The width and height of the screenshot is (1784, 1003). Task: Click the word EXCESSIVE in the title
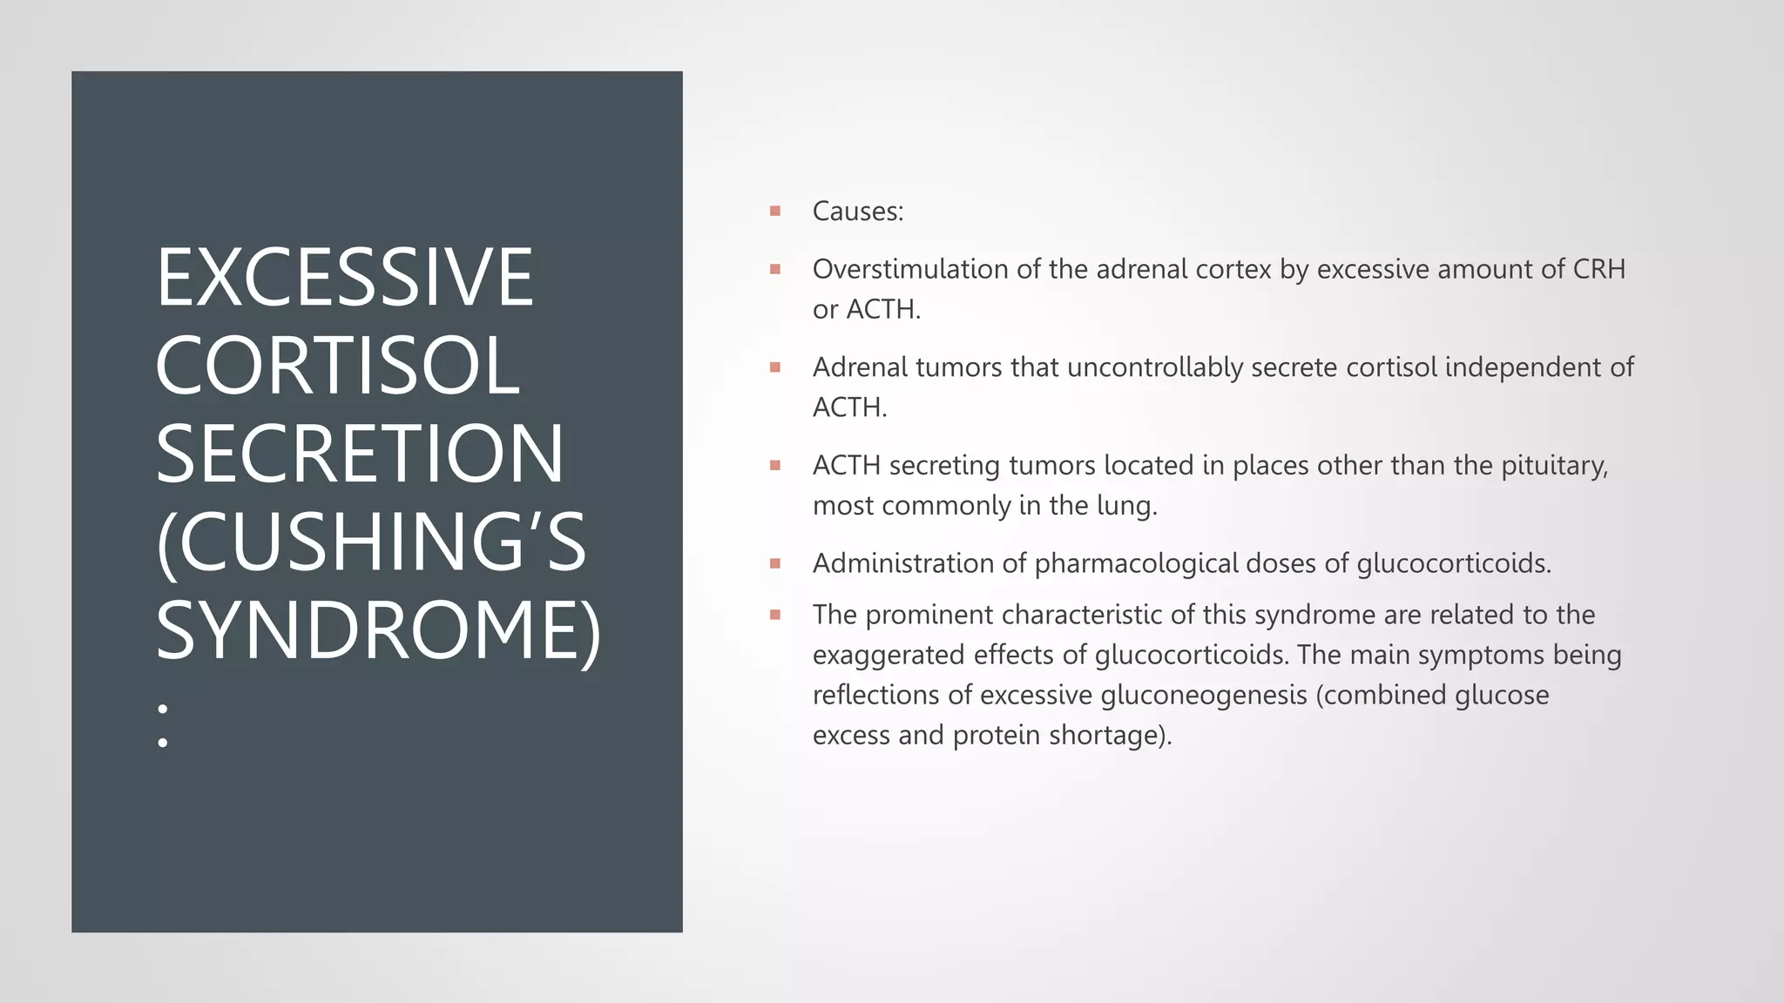344,278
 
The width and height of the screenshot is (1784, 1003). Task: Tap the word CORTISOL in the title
338,366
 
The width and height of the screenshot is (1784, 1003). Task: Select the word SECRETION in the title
360,454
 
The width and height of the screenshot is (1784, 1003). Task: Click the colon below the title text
163,726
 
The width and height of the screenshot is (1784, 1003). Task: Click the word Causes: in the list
857,212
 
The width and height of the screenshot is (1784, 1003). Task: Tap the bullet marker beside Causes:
775,211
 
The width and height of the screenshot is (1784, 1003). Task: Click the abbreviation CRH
1598,269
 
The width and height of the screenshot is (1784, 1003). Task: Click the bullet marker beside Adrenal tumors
775,367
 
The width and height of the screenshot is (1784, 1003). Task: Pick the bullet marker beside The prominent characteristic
775,615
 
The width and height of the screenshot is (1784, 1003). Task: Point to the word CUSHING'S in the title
371,542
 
